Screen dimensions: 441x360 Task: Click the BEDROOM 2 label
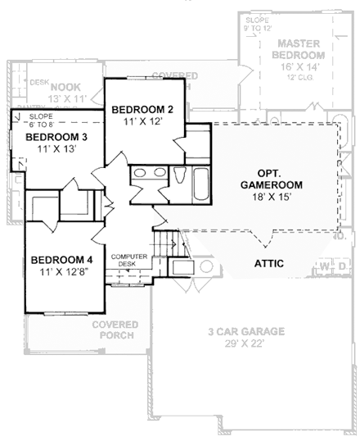point(142,109)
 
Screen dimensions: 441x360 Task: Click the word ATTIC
point(270,264)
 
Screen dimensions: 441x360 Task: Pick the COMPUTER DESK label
point(128,261)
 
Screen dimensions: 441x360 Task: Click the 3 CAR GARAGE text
point(245,331)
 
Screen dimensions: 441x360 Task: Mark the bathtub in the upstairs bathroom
point(200,182)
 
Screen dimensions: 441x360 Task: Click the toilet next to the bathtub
point(180,176)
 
